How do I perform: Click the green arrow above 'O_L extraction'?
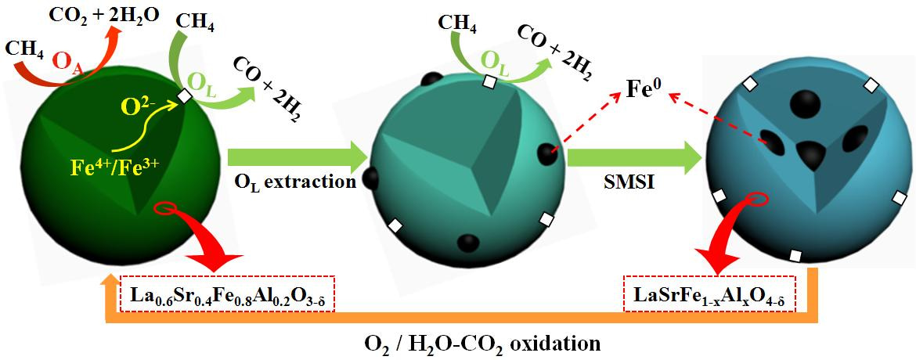[297, 156]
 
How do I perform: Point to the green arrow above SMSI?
[633, 156]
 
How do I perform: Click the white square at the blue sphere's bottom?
[795, 255]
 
